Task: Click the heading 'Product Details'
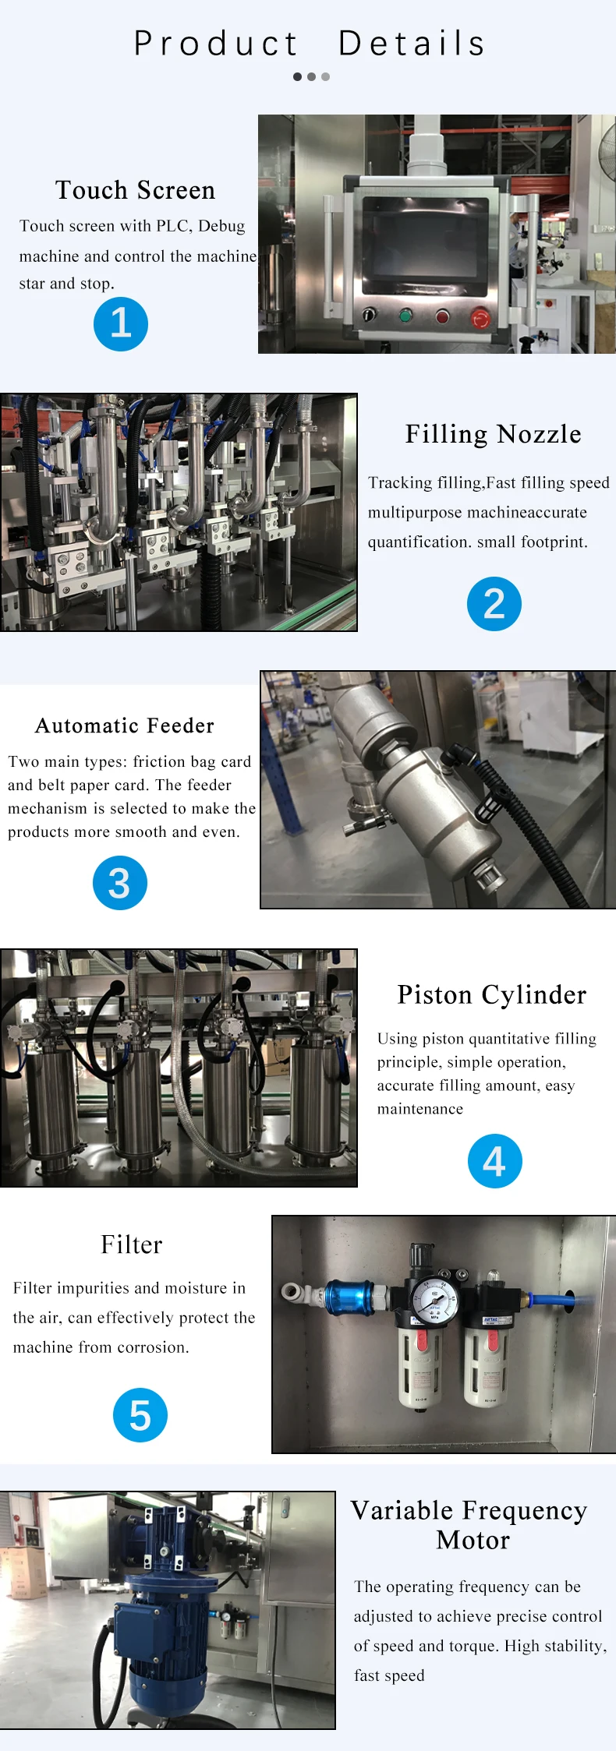pos(310,44)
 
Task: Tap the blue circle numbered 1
pos(121,324)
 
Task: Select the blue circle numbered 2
pos(494,604)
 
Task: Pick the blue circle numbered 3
pos(120,883)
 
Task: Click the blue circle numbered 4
pos(494,1161)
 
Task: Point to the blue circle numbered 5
pos(140,1415)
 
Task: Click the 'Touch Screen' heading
pos(135,190)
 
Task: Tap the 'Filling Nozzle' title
pos(493,434)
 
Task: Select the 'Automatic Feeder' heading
pos(125,725)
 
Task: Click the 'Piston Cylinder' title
pos(491,995)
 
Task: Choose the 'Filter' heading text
pos(132,1244)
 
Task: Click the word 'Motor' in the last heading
pos(473,1540)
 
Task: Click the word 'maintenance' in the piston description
pos(420,1109)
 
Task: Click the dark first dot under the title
pos(298,76)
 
